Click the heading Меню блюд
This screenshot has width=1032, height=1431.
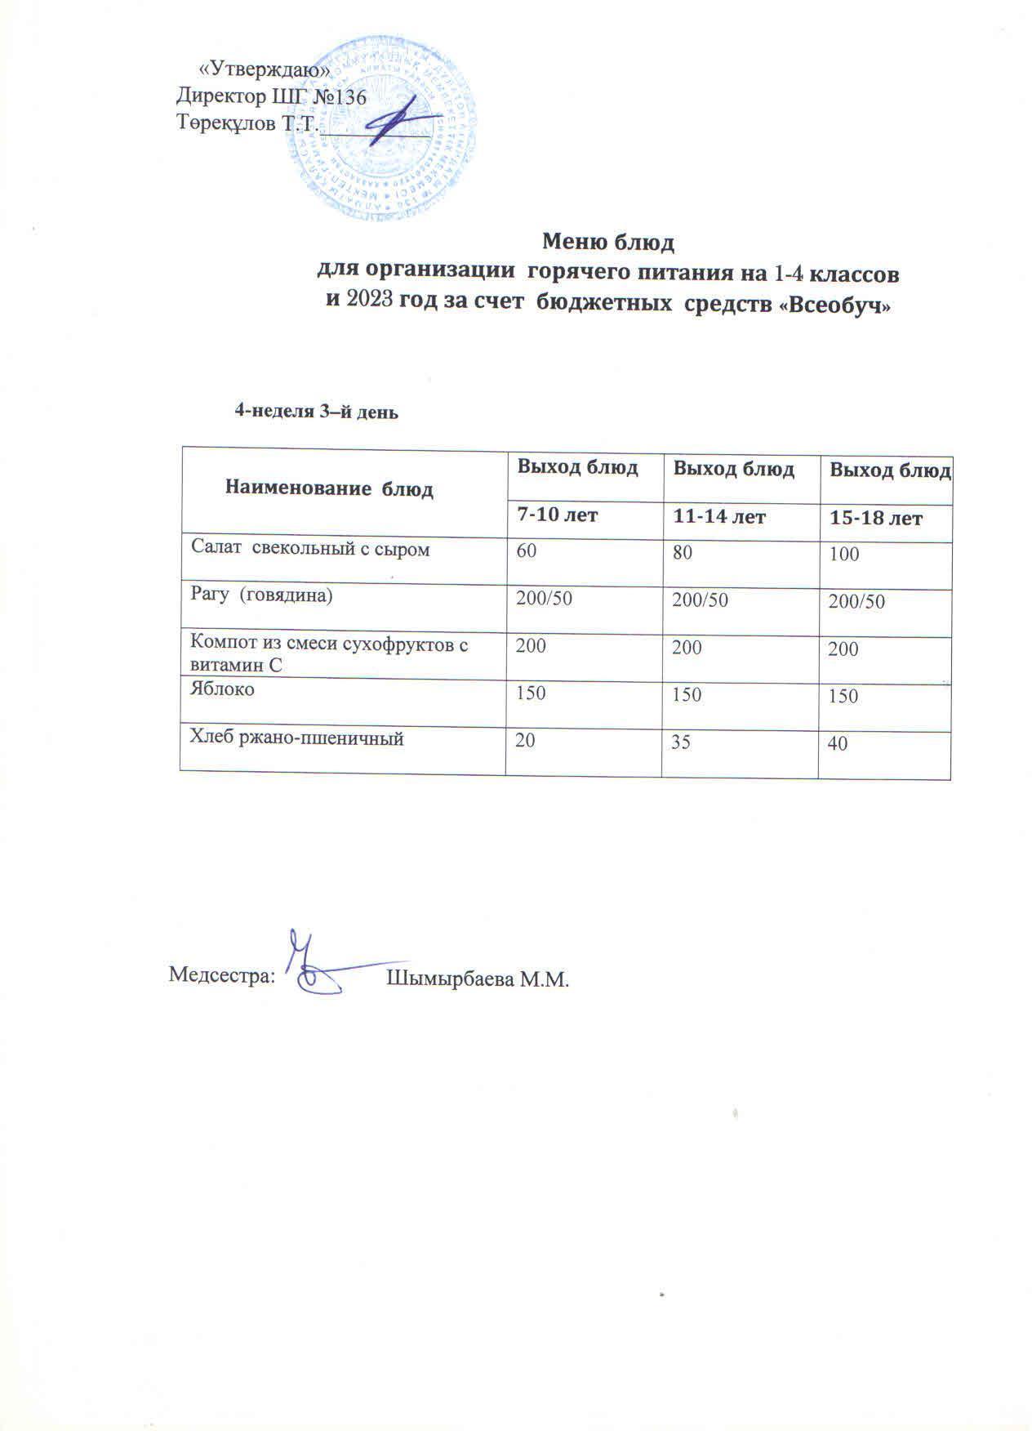tap(607, 243)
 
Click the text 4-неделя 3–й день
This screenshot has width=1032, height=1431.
tap(316, 412)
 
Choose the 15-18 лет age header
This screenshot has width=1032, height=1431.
tap(876, 518)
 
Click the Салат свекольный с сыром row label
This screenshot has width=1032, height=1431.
tap(309, 550)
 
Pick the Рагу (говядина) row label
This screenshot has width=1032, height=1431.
tap(261, 595)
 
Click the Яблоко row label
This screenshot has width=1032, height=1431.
tap(222, 689)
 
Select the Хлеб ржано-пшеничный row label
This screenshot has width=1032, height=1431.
tap(297, 738)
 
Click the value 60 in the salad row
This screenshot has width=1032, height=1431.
tap(525, 551)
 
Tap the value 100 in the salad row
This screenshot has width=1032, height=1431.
tap(843, 555)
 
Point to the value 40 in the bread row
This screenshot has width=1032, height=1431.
tap(838, 744)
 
